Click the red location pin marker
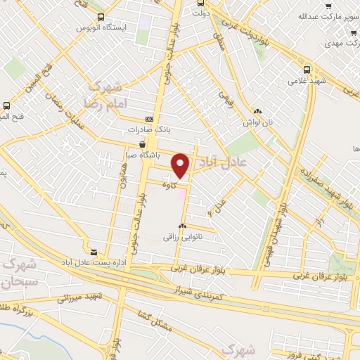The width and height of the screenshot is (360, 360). (181, 166)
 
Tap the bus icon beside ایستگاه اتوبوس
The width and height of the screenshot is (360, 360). (101, 17)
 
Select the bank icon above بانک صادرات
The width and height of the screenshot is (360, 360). (148, 120)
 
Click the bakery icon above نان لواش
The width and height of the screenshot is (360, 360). (258, 110)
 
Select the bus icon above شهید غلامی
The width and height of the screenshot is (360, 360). (307, 69)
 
